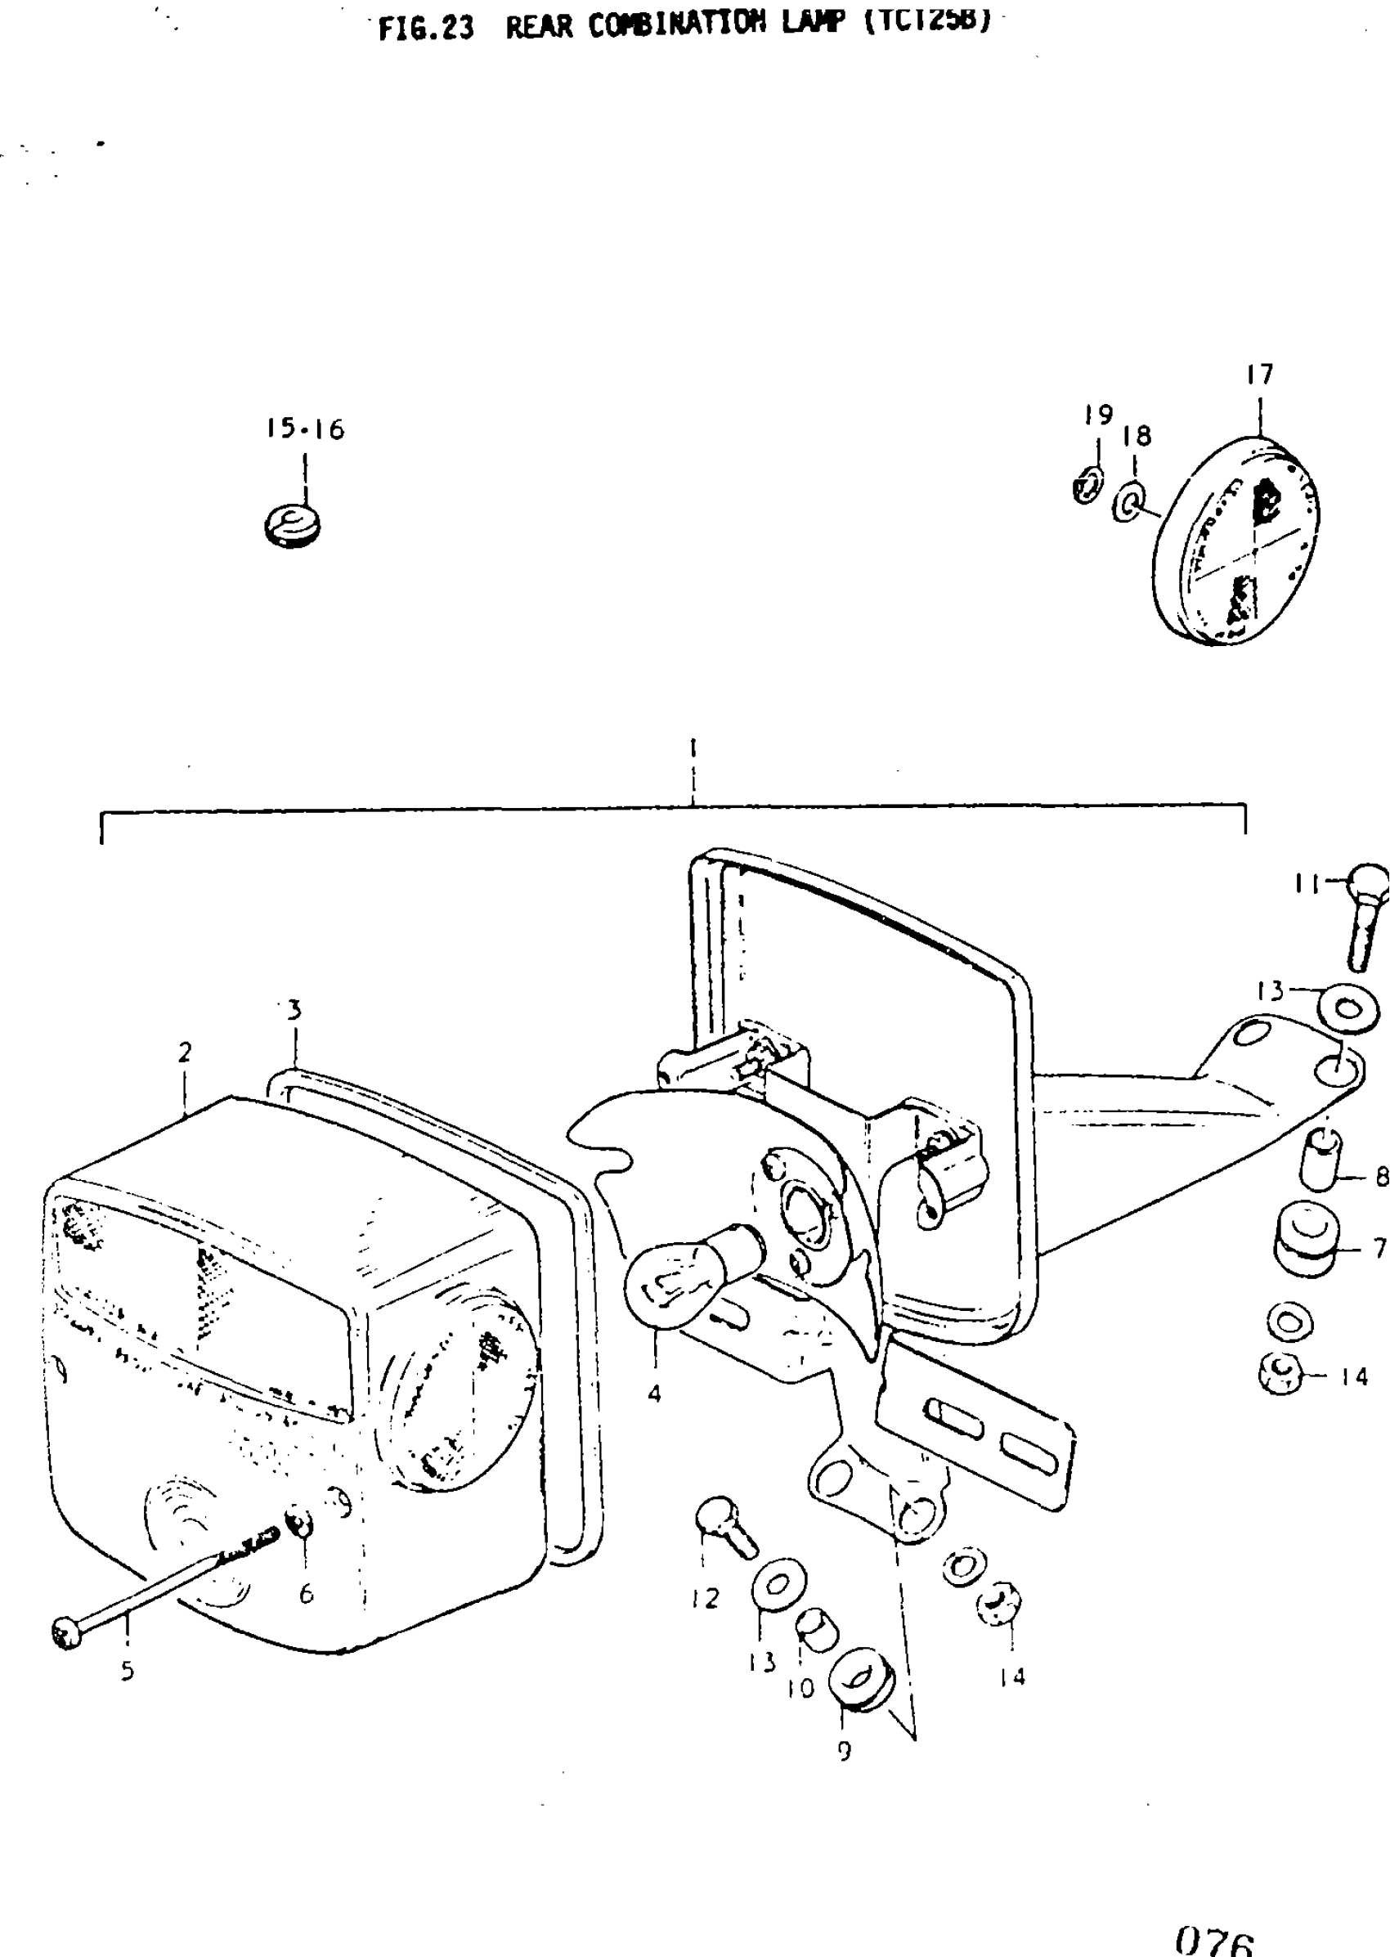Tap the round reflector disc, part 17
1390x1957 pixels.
[1236, 541]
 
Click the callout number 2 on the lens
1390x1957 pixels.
[185, 1053]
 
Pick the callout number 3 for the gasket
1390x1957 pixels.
[294, 1010]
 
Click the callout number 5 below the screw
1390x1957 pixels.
[127, 1670]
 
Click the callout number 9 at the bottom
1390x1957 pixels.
[845, 1750]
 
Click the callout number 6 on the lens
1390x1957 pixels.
[306, 1593]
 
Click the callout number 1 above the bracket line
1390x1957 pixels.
[693, 747]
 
